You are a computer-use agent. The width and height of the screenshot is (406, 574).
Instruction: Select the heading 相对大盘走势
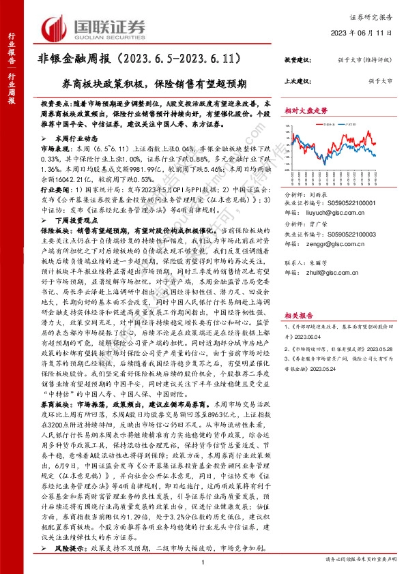[304, 110]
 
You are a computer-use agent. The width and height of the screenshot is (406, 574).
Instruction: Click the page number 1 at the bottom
[203, 560]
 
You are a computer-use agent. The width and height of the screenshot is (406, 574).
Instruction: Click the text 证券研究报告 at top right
[375, 14]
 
